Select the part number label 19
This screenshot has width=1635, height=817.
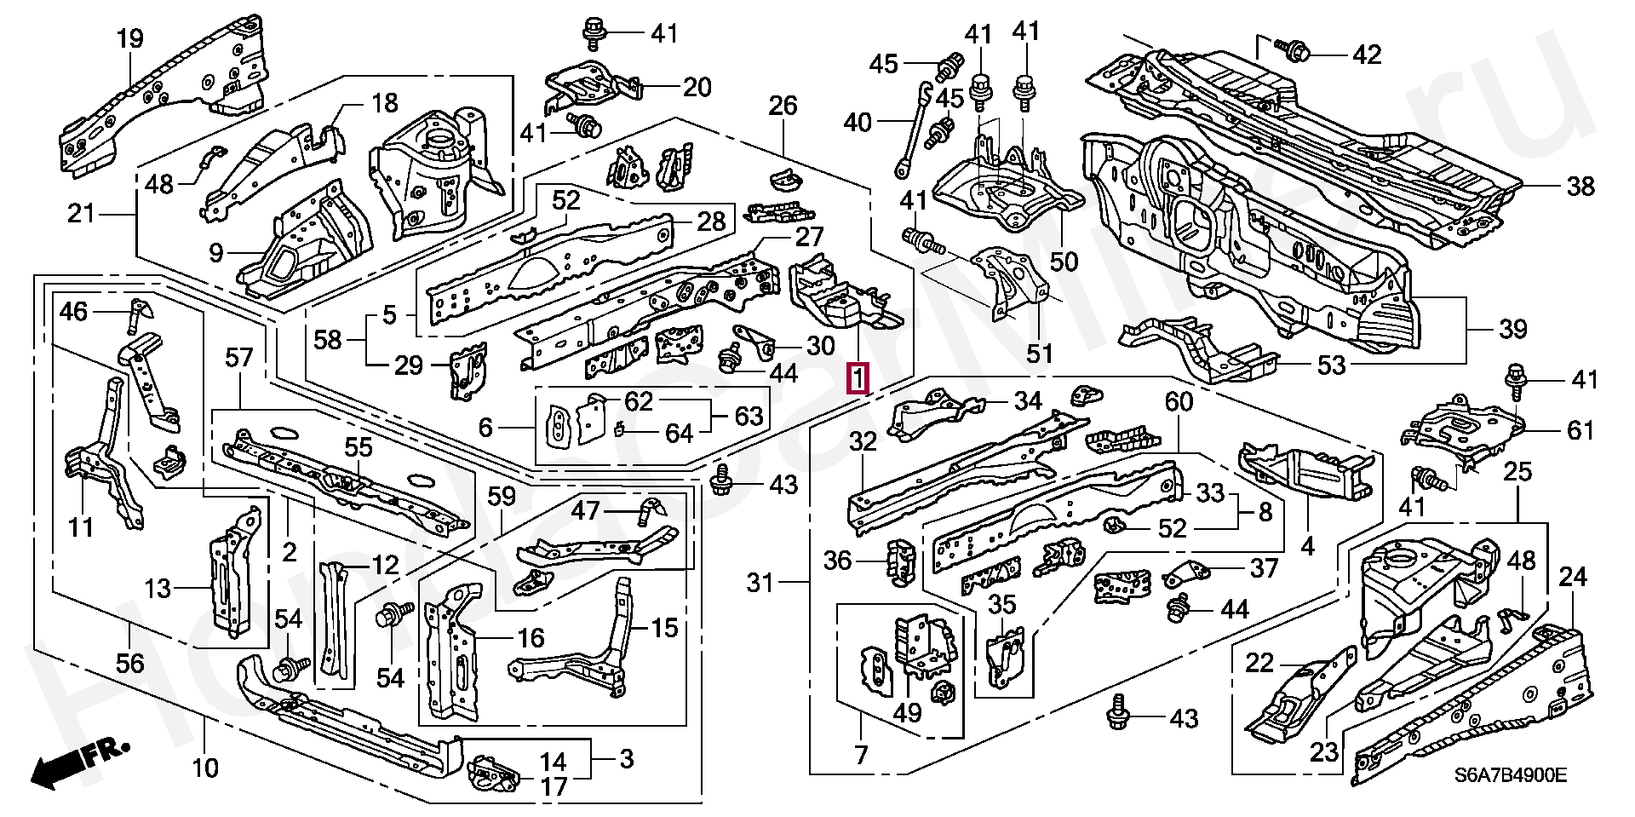[x=129, y=38]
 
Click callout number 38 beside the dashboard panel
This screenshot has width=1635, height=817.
[x=1580, y=186]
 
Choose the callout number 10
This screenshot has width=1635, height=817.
[x=205, y=768]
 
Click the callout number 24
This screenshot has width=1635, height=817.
[x=1572, y=578]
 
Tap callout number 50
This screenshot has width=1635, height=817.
[x=1064, y=261]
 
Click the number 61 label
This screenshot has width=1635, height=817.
[x=1580, y=430]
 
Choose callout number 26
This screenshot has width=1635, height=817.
[x=783, y=106]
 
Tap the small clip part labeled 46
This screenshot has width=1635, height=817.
[x=136, y=316]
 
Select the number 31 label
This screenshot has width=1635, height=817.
[x=760, y=583]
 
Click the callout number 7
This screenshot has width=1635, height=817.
[x=860, y=754]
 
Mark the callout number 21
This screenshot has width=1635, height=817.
[x=81, y=213]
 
